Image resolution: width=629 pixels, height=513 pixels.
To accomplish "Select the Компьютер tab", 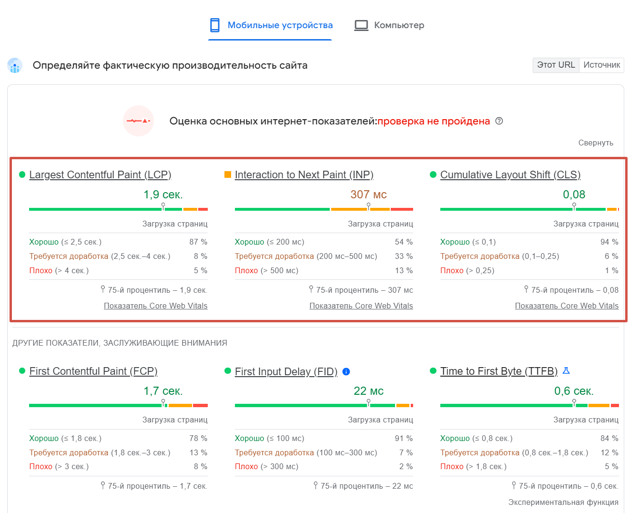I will pos(389,25).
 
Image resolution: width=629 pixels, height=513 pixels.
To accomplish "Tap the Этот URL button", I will pos(556,65).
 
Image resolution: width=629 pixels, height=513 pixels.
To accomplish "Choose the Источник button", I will pos(601,65).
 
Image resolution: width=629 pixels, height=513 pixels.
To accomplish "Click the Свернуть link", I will pos(596,143).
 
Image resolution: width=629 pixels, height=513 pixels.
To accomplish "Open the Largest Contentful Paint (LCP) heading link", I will pos(100,175).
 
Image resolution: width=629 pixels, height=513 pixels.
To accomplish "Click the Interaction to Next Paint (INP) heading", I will pos(304,175).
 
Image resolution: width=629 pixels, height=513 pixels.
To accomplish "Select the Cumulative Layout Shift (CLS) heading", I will pos(510,175).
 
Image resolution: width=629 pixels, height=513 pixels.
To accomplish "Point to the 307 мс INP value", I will pos(368,195).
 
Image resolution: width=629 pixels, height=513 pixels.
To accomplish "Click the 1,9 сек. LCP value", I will pos(163,195).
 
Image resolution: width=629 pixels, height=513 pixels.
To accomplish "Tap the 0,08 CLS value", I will pos(574,195).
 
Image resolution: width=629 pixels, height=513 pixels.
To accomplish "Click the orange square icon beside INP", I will pos(228,174).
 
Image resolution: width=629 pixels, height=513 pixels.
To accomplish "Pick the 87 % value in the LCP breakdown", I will pos(198,242).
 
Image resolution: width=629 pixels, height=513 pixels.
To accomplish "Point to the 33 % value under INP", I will pos(404,256).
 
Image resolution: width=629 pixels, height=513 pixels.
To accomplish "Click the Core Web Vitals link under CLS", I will pos(567,306).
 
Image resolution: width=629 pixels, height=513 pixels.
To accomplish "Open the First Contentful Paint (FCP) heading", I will pos(93,371).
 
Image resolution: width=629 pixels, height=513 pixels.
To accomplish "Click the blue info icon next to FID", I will pos(346,371).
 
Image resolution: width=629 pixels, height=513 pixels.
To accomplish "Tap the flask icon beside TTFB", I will pos(566,370).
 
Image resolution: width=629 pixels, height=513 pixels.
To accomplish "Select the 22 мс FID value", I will pos(368,391).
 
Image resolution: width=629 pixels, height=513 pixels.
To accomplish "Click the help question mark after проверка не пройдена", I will pos(499,121).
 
